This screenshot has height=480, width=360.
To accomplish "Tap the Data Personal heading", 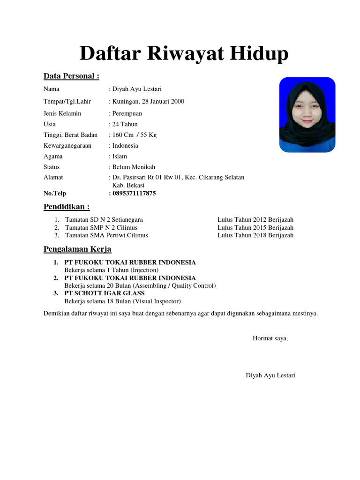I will [71, 76].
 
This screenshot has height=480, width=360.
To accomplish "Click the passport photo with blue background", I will [307, 115].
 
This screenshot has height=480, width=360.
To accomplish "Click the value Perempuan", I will [127, 113].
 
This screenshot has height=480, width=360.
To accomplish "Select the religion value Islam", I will [120, 157].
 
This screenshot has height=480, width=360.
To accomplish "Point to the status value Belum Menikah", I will [133, 167].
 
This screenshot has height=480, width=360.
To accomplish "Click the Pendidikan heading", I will [67, 207].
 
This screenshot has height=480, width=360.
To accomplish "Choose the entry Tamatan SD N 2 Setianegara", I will [104, 219].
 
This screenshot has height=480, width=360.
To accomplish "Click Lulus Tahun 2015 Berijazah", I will [255, 227].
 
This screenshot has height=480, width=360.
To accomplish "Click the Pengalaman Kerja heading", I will [77, 249].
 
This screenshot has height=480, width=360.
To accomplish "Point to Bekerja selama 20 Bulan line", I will [140, 285].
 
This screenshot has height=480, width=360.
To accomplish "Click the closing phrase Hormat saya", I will [270, 338].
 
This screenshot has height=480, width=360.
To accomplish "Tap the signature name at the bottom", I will [270, 375].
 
